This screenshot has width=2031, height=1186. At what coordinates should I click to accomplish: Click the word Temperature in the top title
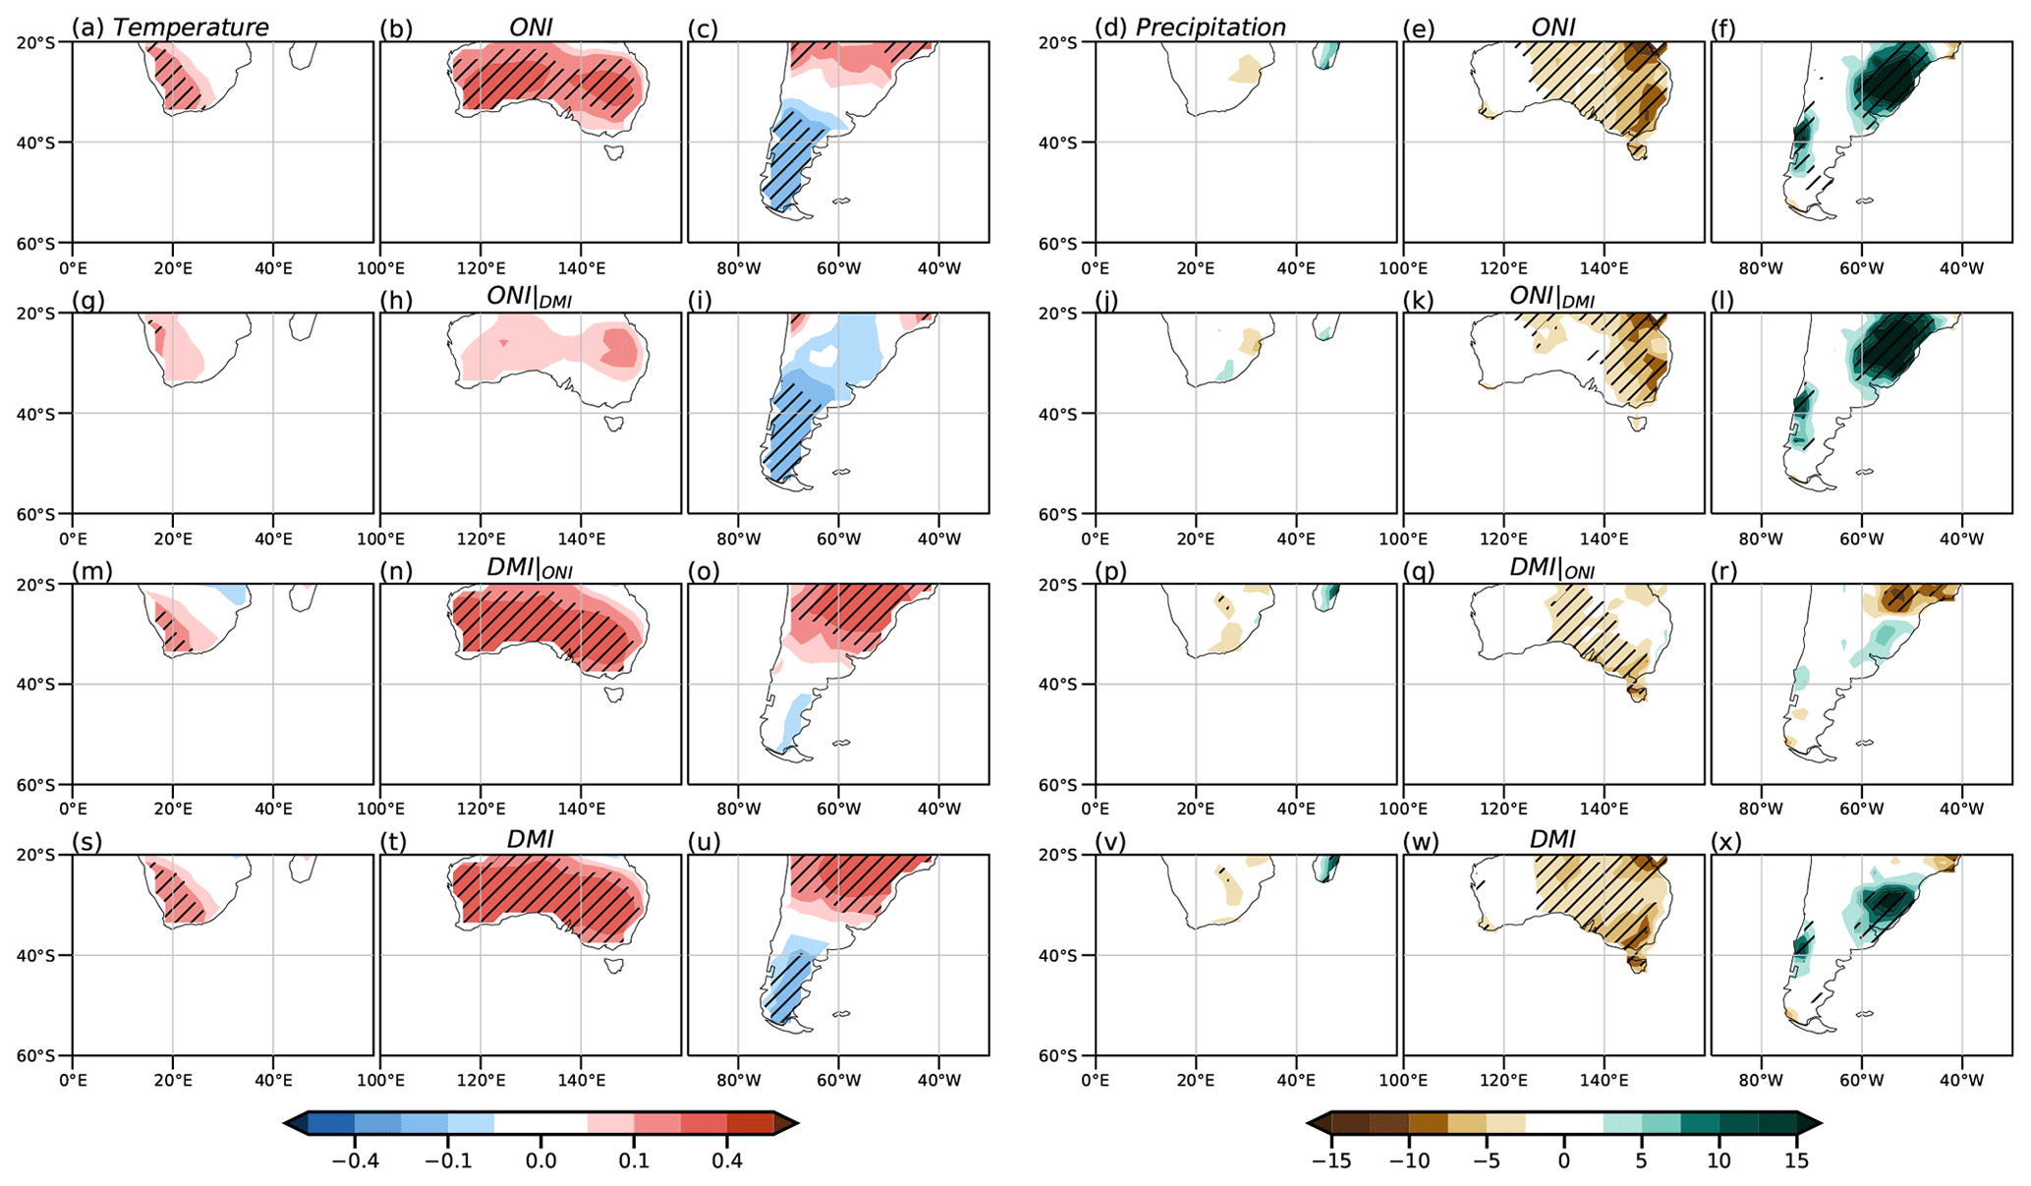click(x=191, y=28)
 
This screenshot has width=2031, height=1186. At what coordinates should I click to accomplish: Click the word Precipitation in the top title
click(x=1211, y=28)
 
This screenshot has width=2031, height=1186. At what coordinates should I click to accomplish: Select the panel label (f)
click(x=1723, y=28)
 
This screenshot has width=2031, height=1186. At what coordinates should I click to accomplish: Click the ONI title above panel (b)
click(x=531, y=28)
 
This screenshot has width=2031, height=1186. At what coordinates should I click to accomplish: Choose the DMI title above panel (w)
click(x=1552, y=840)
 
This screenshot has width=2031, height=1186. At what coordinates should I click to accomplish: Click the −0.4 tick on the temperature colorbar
click(x=355, y=1160)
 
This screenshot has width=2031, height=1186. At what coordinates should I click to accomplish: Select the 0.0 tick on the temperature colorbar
click(x=540, y=1160)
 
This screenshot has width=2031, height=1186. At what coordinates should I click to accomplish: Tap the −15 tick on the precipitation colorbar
click(x=1331, y=1160)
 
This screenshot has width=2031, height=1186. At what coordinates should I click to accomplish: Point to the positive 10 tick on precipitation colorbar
click(x=1720, y=1160)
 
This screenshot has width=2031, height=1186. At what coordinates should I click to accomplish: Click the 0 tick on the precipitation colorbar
click(x=1564, y=1160)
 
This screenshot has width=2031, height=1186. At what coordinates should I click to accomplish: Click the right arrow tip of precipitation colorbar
click(x=1821, y=1123)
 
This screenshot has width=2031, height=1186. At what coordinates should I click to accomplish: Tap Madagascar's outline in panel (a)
click(x=302, y=54)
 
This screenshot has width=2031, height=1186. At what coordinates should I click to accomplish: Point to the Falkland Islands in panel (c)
click(x=841, y=201)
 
